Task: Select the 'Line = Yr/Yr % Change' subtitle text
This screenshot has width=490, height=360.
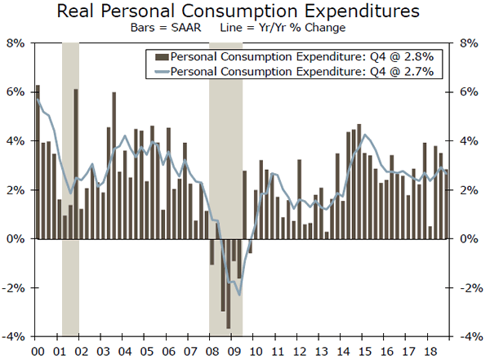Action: pyautogui.click(x=277, y=28)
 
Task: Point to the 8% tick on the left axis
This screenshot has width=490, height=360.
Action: pyautogui.click(x=16, y=42)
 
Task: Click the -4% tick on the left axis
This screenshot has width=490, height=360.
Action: pyautogui.click(x=15, y=337)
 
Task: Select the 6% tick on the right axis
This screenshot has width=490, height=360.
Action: pyautogui.click(x=471, y=92)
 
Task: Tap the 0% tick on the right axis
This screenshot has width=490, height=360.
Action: pyautogui.click(x=471, y=239)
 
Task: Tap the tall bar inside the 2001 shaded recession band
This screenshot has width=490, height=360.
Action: pyautogui.click(x=76, y=163)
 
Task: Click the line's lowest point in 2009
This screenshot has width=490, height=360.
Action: pyautogui.click(x=239, y=295)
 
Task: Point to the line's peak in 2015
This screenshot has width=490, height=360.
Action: pyautogui.click(x=363, y=135)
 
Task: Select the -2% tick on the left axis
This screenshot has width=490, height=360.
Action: pyautogui.click(x=15, y=288)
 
